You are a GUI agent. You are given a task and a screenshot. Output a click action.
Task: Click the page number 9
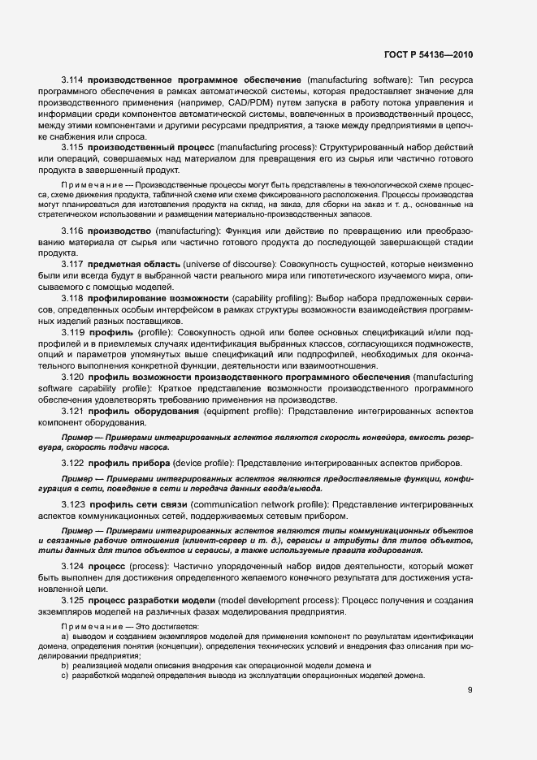470,690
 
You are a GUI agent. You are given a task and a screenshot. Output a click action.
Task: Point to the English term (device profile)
200,462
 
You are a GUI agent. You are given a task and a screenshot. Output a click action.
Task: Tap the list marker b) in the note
65,665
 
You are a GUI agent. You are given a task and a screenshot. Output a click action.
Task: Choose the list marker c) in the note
65,676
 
